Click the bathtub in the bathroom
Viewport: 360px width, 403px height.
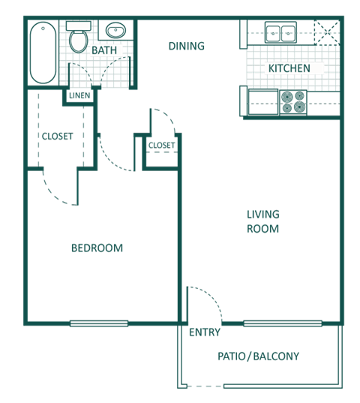tap(43, 53)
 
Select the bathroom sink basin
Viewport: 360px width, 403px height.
tap(115, 30)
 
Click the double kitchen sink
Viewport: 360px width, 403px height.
tap(280, 32)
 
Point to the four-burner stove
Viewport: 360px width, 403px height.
tap(293, 102)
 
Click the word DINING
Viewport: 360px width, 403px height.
tap(187, 47)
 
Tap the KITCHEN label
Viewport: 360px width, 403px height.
tap(289, 68)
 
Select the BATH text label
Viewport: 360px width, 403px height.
tap(104, 50)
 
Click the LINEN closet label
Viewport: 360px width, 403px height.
tap(79, 95)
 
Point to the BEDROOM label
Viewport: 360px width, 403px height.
tap(97, 248)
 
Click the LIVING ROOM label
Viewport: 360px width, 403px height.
tap(263, 221)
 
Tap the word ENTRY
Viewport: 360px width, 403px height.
tap(205, 332)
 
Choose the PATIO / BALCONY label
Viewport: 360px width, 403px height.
tap(258, 356)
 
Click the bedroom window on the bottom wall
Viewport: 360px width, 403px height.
tap(99, 323)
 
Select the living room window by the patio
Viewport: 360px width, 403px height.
tap(283, 323)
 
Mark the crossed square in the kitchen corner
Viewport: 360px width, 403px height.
tap(327, 32)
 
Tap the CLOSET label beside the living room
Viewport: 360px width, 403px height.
tap(161, 145)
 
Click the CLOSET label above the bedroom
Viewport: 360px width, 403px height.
tap(57, 137)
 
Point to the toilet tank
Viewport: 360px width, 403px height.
tap(79, 26)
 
